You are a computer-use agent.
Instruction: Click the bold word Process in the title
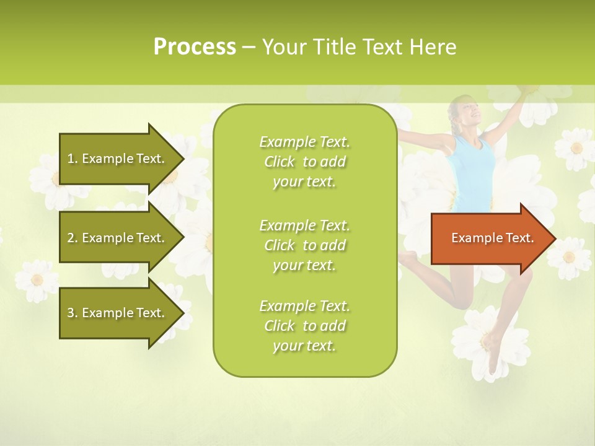pyautogui.click(x=195, y=47)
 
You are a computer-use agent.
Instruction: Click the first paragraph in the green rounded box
pyautogui.click(x=305, y=162)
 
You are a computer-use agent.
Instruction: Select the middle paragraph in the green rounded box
pyautogui.click(x=305, y=245)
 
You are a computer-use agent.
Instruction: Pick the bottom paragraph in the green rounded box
pyautogui.click(x=305, y=326)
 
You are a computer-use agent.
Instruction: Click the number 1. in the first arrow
pyautogui.click(x=73, y=159)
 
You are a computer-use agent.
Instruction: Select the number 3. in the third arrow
pyautogui.click(x=73, y=313)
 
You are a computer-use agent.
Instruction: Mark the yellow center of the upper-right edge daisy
pyautogui.click(x=576, y=147)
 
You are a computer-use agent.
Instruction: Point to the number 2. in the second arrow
pyautogui.click(x=73, y=238)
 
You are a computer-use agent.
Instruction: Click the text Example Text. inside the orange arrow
pyautogui.click(x=492, y=238)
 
